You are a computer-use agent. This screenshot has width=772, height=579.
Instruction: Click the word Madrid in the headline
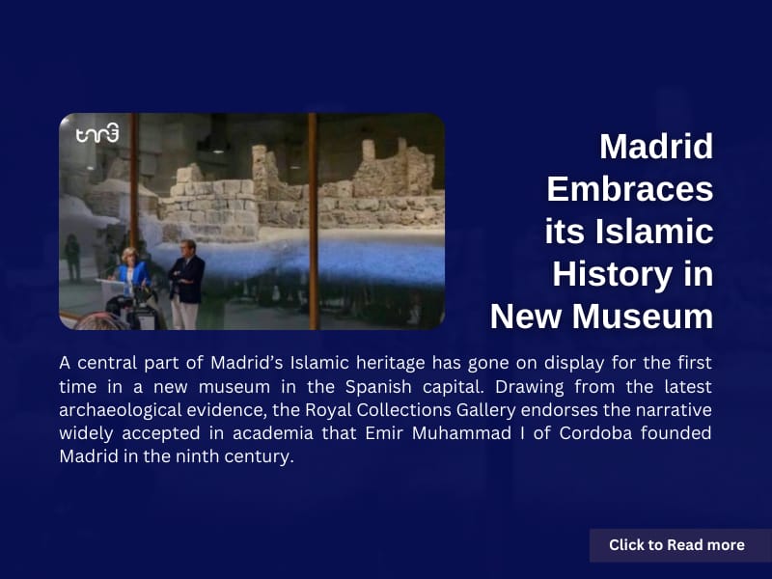point(656,147)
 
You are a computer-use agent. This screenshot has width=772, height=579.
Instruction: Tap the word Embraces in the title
point(630,189)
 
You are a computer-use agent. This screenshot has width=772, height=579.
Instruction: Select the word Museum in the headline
point(643,317)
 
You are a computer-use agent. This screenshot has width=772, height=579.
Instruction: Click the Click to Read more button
point(677,545)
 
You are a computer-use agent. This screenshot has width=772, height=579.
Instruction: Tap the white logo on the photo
point(97,133)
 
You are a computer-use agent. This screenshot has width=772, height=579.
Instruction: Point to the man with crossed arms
point(186,284)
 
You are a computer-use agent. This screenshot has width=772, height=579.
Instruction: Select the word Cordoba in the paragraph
point(595,433)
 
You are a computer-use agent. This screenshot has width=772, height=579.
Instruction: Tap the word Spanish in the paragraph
point(378,387)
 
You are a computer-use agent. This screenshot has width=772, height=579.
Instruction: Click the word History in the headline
point(612,274)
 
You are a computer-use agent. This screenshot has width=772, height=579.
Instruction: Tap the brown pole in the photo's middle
point(313,222)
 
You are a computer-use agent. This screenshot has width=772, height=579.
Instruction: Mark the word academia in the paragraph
point(273,433)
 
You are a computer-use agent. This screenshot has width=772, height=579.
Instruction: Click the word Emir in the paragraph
point(384,433)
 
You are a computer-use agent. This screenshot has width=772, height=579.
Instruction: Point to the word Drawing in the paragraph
point(529,387)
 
